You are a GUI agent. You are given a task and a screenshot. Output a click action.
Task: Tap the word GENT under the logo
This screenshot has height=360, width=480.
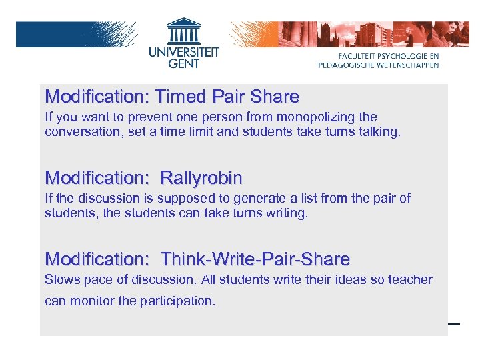coord(183,65)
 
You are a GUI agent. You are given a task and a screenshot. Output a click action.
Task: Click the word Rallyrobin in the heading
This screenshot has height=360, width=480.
coord(201,178)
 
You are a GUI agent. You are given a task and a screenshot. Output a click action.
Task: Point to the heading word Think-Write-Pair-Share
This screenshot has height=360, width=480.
coord(255,259)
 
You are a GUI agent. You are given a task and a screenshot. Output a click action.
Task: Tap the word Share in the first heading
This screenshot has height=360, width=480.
coord(275,97)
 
